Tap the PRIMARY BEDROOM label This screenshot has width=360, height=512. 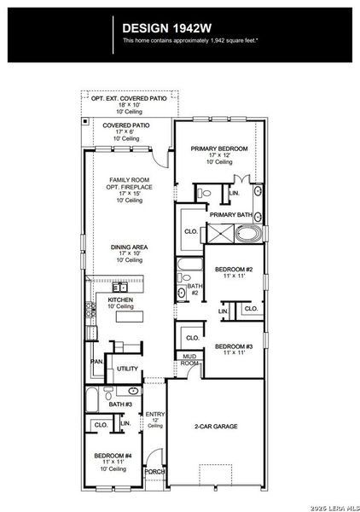(x=219, y=148)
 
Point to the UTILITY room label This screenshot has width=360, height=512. (x=127, y=369)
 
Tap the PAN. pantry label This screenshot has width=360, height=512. (x=97, y=362)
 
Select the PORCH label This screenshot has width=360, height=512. (x=154, y=471)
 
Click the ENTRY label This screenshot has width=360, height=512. (x=154, y=415)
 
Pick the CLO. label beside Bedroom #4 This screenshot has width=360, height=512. (x=100, y=424)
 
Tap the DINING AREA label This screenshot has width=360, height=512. (x=129, y=247)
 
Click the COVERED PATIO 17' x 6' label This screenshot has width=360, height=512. (x=127, y=125)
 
